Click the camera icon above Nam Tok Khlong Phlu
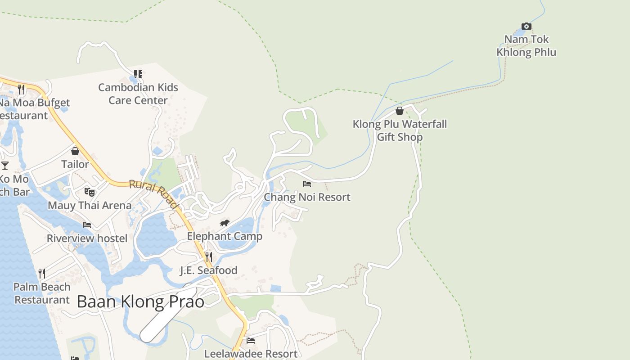[x=526, y=27]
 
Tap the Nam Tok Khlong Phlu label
[x=526, y=46]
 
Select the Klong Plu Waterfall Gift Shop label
[x=400, y=130]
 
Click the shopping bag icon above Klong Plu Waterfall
[x=399, y=111]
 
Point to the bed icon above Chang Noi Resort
[x=307, y=184]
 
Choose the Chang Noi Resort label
[x=307, y=197]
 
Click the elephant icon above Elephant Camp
[x=225, y=223]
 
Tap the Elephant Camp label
[x=225, y=236]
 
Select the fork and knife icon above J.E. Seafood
[x=209, y=257]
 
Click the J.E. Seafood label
[x=209, y=270]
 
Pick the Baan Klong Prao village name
[x=140, y=301]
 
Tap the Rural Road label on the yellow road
[x=154, y=194]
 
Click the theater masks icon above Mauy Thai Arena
[x=90, y=192]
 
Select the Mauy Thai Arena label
[x=90, y=206]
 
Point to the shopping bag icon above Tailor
[x=75, y=151]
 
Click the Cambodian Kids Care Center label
[x=138, y=94]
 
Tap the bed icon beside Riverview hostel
[x=87, y=225]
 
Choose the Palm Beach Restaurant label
[x=42, y=293]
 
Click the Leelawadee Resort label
[x=251, y=354]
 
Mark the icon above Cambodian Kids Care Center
[x=138, y=74]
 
